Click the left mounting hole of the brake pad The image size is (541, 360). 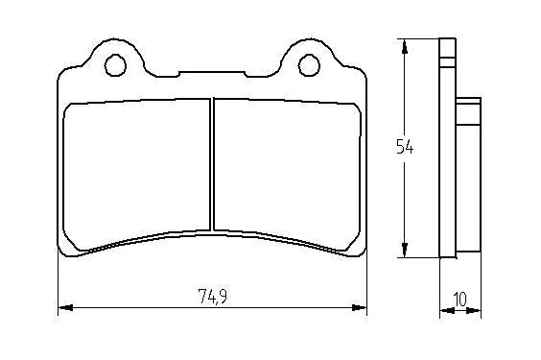114,65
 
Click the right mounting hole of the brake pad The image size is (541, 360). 309,65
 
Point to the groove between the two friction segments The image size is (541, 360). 210,168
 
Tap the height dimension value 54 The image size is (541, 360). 405,147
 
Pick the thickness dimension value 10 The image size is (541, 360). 460,299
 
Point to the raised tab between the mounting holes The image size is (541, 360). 212,71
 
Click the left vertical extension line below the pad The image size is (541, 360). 59,283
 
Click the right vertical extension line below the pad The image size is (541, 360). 366,283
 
